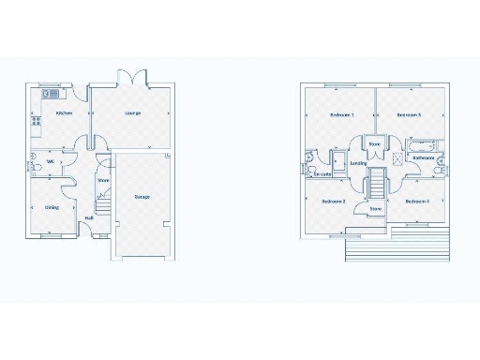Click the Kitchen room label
coord(64,113)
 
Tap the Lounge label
coord(133,113)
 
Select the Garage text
coord(142,197)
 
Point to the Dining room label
coord(52,208)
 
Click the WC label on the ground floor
coord(50,160)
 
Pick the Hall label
coord(89,218)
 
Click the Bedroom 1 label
coord(341,114)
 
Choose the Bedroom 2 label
coord(334,202)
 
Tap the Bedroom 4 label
coord(417,202)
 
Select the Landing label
coord(358,163)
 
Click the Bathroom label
coord(424,158)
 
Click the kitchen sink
coord(49,94)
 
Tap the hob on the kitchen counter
coord(36,121)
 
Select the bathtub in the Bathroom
coord(419,146)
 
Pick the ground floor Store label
coord(103,180)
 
